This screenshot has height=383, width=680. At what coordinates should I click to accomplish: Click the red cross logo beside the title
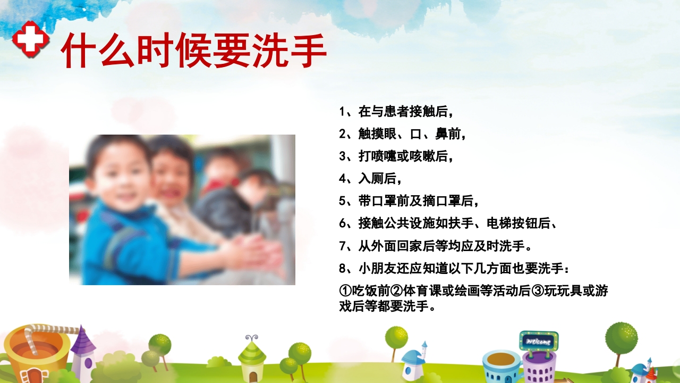point(31,39)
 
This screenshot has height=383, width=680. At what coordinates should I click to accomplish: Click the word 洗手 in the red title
point(297,51)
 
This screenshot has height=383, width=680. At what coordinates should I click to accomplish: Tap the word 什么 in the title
point(99,51)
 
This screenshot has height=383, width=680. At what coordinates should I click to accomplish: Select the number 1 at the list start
point(342,112)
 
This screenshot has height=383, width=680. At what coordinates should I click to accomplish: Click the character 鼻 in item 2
point(441,135)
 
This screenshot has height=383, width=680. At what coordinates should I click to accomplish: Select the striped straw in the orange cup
point(48,332)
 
